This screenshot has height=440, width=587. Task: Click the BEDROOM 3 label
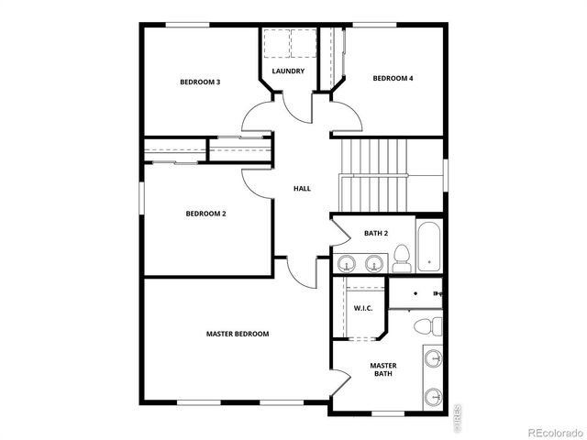coord(199,82)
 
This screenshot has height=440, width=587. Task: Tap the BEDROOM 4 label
coord(393,79)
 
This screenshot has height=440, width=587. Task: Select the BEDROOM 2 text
coord(205,214)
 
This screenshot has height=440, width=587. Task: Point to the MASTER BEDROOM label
coord(238,334)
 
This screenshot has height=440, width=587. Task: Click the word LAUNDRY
coord(288,71)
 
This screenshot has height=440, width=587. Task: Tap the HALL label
coord(302,189)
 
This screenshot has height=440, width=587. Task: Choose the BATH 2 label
coord(376,234)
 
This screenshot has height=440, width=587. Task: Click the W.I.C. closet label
coord(363,308)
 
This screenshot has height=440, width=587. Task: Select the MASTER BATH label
coord(383,369)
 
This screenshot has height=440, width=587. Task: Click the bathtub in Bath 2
coord(428,247)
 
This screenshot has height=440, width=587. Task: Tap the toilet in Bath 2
coord(402,261)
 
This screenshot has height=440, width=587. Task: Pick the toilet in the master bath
coord(426,326)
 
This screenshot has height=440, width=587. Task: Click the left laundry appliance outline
coord(274,42)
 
